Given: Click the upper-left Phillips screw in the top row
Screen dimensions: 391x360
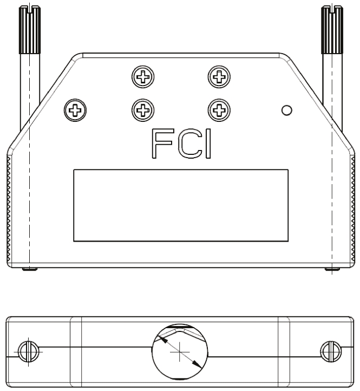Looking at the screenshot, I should (142, 77).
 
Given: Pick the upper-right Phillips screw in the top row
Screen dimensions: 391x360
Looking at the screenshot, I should (219, 77).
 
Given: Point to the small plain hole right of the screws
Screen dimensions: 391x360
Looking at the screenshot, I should (287, 110).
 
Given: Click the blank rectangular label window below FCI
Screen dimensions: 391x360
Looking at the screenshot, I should (181, 205).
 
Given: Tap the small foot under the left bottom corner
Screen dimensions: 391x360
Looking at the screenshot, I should (30, 269).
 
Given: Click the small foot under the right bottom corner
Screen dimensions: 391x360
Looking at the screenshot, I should (331, 269).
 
